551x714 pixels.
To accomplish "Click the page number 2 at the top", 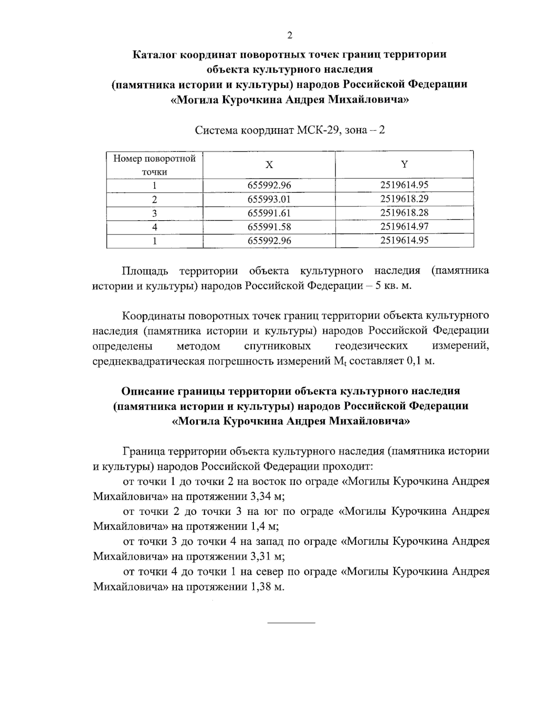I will [x=289, y=36].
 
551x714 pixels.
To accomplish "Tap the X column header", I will [x=269, y=165].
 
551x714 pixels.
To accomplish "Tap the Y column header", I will [x=404, y=165].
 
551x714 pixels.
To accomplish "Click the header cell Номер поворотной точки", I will [x=155, y=165].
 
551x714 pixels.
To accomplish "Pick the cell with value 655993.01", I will [x=269, y=200].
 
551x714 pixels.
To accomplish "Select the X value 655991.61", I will [x=269, y=213].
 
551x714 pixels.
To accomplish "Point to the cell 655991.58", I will [x=269, y=227].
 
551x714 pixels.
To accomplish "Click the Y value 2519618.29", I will [x=404, y=199].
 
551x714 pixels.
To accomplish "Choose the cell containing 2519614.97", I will [x=404, y=227].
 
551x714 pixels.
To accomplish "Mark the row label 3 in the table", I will [x=155, y=213].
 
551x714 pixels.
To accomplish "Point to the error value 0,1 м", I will [x=420, y=360].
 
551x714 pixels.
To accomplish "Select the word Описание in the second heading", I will [x=146, y=391].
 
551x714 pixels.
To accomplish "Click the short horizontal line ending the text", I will [x=291, y=623].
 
